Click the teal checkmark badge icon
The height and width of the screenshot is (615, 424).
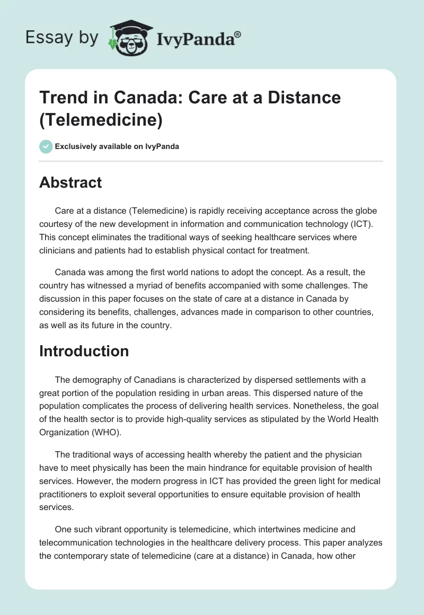pos(46,146)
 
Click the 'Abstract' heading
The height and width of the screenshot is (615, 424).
pos(70,182)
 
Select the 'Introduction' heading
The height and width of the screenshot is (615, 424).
pos(84,351)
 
